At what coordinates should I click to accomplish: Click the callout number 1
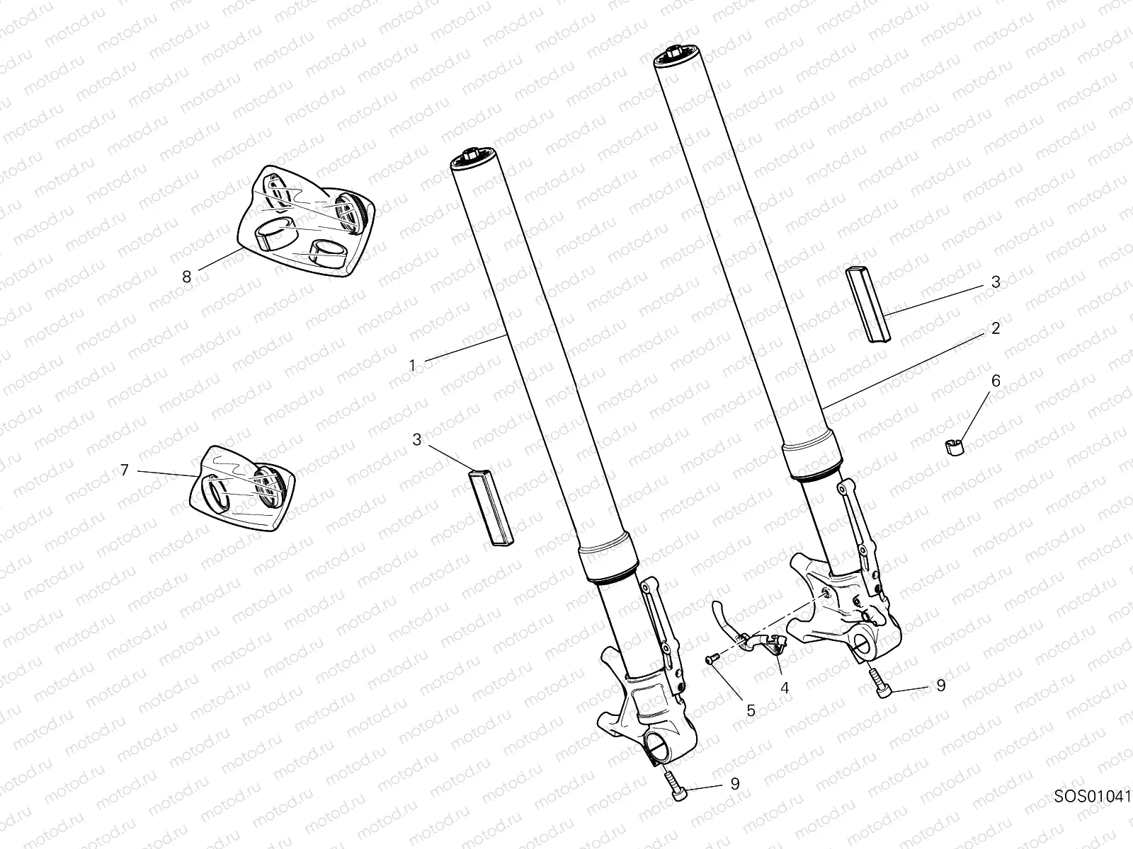click(x=412, y=366)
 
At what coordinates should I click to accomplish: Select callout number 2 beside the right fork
click(x=995, y=328)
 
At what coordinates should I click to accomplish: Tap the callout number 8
click(x=187, y=277)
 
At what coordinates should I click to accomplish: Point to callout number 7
click(x=125, y=470)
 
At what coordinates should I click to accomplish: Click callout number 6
click(x=995, y=381)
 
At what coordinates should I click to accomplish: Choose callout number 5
click(x=751, y=710)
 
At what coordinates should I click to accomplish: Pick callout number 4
click(x=785, y=687)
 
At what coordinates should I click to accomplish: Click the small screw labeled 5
click(x=710, y=659)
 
